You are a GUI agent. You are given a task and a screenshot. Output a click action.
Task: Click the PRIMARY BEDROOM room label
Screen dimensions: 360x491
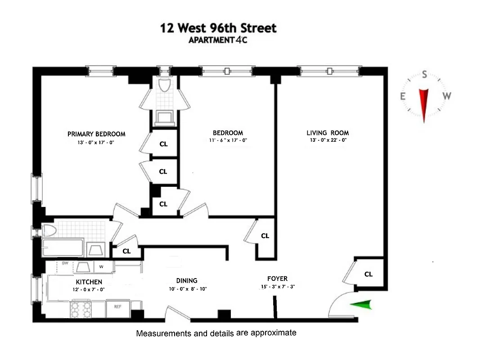tap(96, 134)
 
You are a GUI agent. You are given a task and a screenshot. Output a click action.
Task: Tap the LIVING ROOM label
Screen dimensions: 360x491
tap(328, 133)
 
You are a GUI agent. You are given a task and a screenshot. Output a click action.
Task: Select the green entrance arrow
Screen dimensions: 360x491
tap(362, 306)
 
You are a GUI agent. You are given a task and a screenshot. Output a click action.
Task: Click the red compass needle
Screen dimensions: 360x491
tap(423, 105)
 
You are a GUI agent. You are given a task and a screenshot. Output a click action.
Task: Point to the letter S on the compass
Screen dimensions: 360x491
tap(424, 75)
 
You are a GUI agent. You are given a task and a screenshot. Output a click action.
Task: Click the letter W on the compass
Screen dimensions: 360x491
tap(446, 96)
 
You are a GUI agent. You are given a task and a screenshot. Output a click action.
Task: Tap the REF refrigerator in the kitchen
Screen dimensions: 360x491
tap(117, 306)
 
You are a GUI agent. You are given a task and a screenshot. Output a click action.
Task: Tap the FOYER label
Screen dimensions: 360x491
tap(277, 279)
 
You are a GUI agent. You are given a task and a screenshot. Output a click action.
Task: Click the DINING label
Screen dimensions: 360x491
tap(186, 280)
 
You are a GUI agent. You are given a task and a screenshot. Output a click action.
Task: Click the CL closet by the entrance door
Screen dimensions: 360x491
tap(368, 274)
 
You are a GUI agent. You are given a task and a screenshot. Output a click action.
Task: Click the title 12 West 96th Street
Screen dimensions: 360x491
tap(219, 29)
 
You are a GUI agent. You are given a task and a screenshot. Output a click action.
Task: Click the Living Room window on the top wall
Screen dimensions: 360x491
tap(330, 71)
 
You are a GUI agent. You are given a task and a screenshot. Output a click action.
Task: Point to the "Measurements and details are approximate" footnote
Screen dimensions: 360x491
tap(216, 333)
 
